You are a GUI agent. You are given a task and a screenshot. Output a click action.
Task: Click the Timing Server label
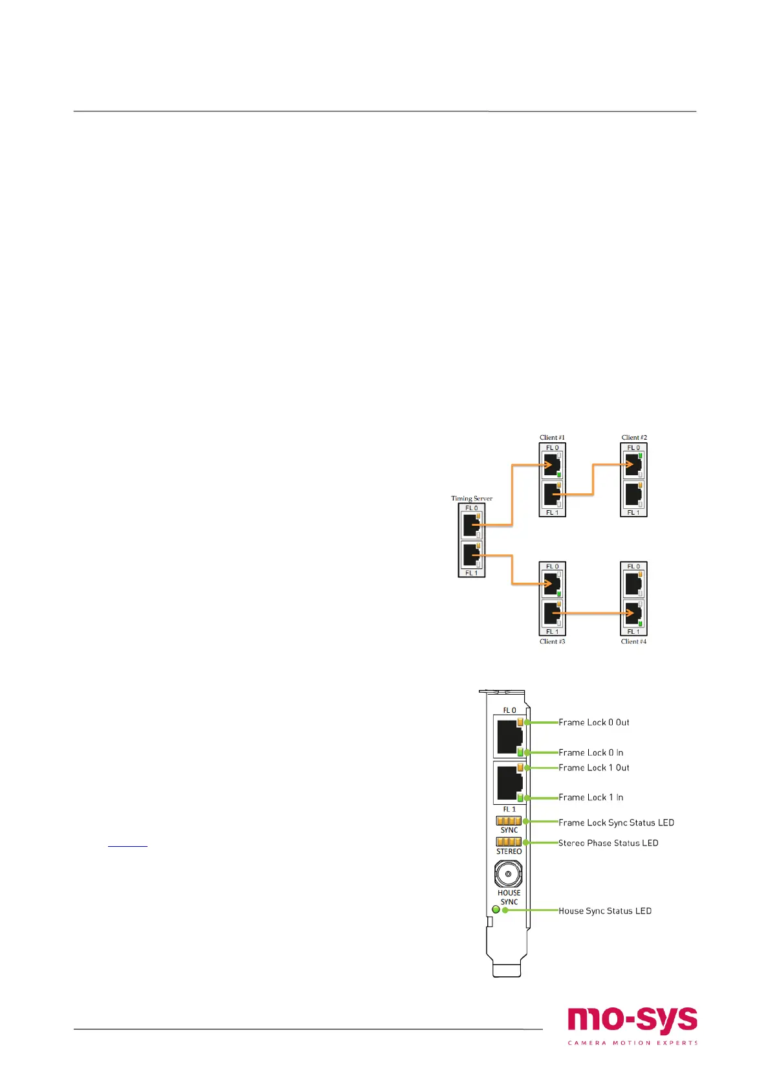click(472, 499)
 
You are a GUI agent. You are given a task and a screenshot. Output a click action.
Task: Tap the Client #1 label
click(552, 438)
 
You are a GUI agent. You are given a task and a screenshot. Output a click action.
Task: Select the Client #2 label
click(634, 438)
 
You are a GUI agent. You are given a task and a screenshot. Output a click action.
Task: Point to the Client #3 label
click(552, 642)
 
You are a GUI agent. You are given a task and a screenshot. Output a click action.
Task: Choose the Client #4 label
click(633, 642)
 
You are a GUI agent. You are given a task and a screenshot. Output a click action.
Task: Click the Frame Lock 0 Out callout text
click(593, 723)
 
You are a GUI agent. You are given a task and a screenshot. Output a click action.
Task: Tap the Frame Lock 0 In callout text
click(591, 752)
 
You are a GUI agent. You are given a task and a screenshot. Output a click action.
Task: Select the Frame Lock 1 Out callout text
click(593, 768)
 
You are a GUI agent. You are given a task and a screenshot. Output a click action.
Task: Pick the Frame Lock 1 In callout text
click(591, 798)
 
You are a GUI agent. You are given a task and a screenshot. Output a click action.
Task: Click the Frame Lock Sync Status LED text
click(616, 823)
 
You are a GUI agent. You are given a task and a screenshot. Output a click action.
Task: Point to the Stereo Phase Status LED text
click(608, 843)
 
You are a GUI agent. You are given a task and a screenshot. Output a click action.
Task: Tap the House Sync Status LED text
click(605, 911)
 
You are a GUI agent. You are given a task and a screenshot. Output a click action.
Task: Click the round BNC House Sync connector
click(509, 875)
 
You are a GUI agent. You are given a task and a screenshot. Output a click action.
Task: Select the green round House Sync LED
click(496, 910)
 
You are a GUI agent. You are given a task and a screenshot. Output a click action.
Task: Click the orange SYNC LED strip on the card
click(509, 821)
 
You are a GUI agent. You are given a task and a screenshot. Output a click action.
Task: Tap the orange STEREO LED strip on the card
click(509, 842)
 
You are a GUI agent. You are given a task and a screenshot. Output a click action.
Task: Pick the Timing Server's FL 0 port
click(471, 525)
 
